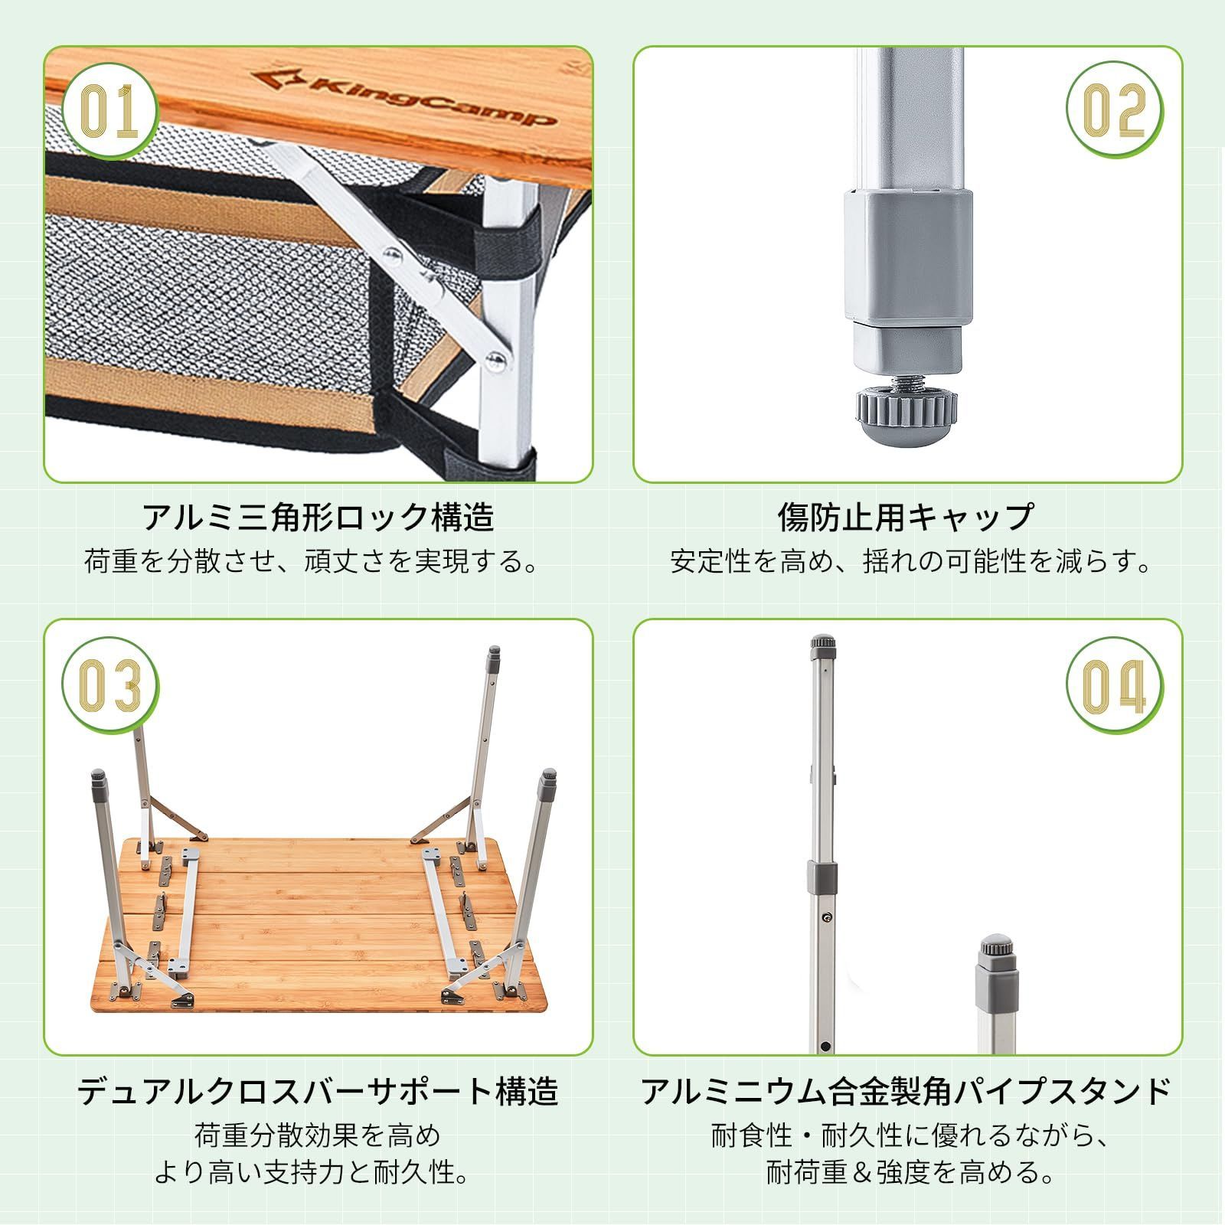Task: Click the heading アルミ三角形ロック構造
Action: click(318, 518)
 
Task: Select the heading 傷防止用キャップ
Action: click(906, 518)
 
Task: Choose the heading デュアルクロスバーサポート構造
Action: click(318, 1091)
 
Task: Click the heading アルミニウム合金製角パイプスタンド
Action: click(906, 1091)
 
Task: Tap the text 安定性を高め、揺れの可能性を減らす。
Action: click(911, 562)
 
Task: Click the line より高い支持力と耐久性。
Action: click(313, 1172)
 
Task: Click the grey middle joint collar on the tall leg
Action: click(822, 876)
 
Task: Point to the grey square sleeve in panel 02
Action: click(908, 256)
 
